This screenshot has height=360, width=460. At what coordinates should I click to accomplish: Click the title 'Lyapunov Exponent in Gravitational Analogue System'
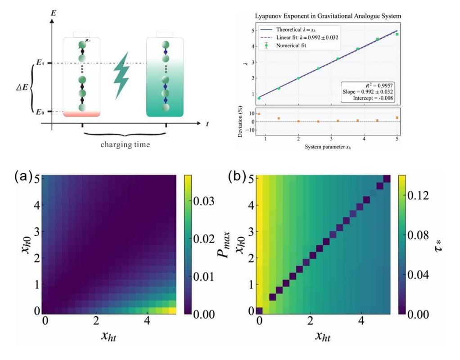328,16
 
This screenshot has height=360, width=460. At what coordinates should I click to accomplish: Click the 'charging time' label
124,145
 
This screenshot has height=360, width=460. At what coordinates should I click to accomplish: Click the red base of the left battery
81,113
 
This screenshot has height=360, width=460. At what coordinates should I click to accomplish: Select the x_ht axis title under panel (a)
110,336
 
